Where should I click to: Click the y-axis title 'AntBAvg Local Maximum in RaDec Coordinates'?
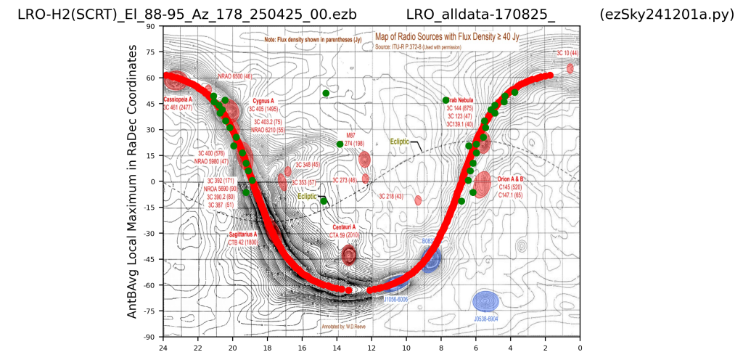coord(133,181)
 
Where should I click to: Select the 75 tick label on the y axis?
coord(152,52)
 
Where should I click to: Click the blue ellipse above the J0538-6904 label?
coord(485,300)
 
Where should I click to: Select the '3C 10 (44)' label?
coord(567,54)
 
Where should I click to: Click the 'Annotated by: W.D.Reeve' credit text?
coord(345,327)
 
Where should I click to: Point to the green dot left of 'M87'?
coord(340,144)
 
